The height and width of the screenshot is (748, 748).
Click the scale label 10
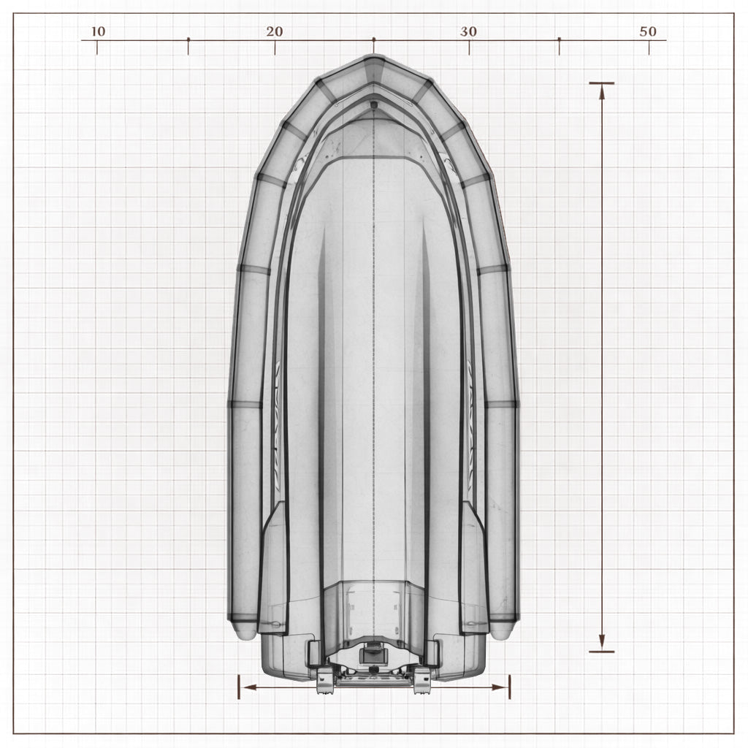tap(98, 31)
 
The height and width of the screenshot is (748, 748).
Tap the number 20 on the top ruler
tap(275, 31)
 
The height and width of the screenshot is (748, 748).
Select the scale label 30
tap(468, 31)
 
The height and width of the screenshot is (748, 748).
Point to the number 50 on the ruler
tap(648, 31)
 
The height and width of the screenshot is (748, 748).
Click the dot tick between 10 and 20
tap(188, 39)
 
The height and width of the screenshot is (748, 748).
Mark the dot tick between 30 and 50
tap(559, 39)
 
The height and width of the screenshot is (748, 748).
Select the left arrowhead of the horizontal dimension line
tap(249, 687)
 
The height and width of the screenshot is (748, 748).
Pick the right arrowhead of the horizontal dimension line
tap(500, 687)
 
